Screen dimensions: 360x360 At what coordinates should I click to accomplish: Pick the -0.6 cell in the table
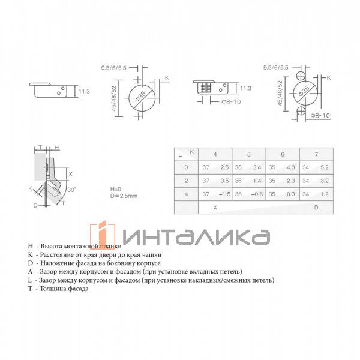coord(256,194)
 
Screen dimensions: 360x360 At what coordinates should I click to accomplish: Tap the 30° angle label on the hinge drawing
coord(71,190)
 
